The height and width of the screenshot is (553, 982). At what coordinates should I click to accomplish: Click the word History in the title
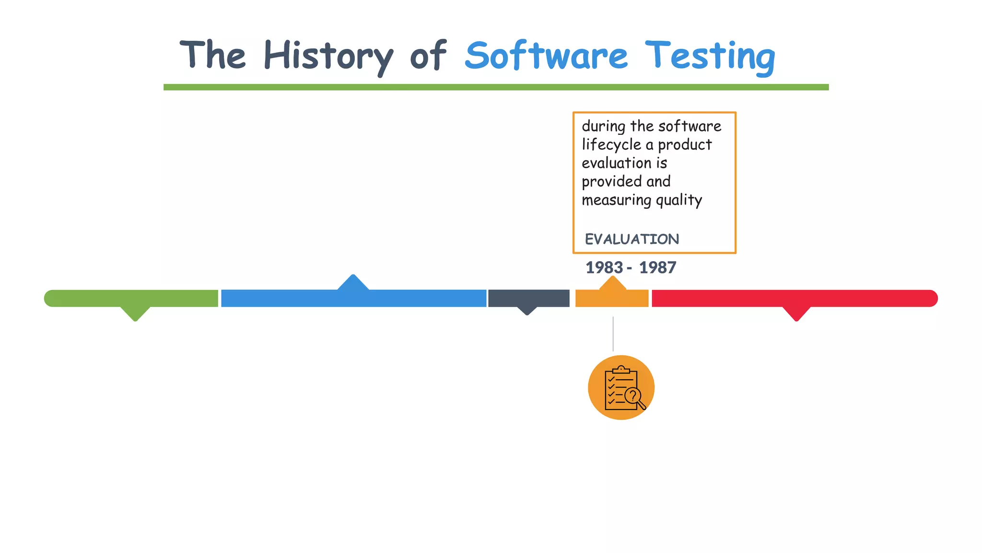[x=328, y=56]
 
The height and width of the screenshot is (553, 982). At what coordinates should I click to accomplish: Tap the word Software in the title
[x=546, y=56]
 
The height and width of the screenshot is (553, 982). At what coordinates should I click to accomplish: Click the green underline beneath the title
[x=496, y=87]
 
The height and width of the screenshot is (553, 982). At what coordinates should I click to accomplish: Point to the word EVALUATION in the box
[x=631, y=239]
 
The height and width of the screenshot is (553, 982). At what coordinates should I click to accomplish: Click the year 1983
[x=604, y=267]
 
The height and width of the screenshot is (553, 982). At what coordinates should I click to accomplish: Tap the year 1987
[x=657, y=267]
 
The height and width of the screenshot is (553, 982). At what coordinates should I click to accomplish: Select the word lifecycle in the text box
[x=611, y=144]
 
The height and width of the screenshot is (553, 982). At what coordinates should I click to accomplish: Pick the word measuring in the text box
[x=617, y=200]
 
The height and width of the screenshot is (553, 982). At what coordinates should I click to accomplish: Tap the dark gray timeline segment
[x=528, y=298]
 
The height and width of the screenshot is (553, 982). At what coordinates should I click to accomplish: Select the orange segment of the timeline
[x=612, y=299]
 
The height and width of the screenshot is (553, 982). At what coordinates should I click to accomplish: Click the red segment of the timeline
[x=794, y=298]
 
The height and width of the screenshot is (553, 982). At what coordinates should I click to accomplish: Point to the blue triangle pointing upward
[x=353, y=283]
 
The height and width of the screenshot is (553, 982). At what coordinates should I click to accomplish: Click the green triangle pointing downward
[x=135, y=313]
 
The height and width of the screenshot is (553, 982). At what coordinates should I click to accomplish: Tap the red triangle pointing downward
[x=796, y=313]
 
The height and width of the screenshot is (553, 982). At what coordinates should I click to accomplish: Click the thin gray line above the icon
[x=613, y=334]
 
